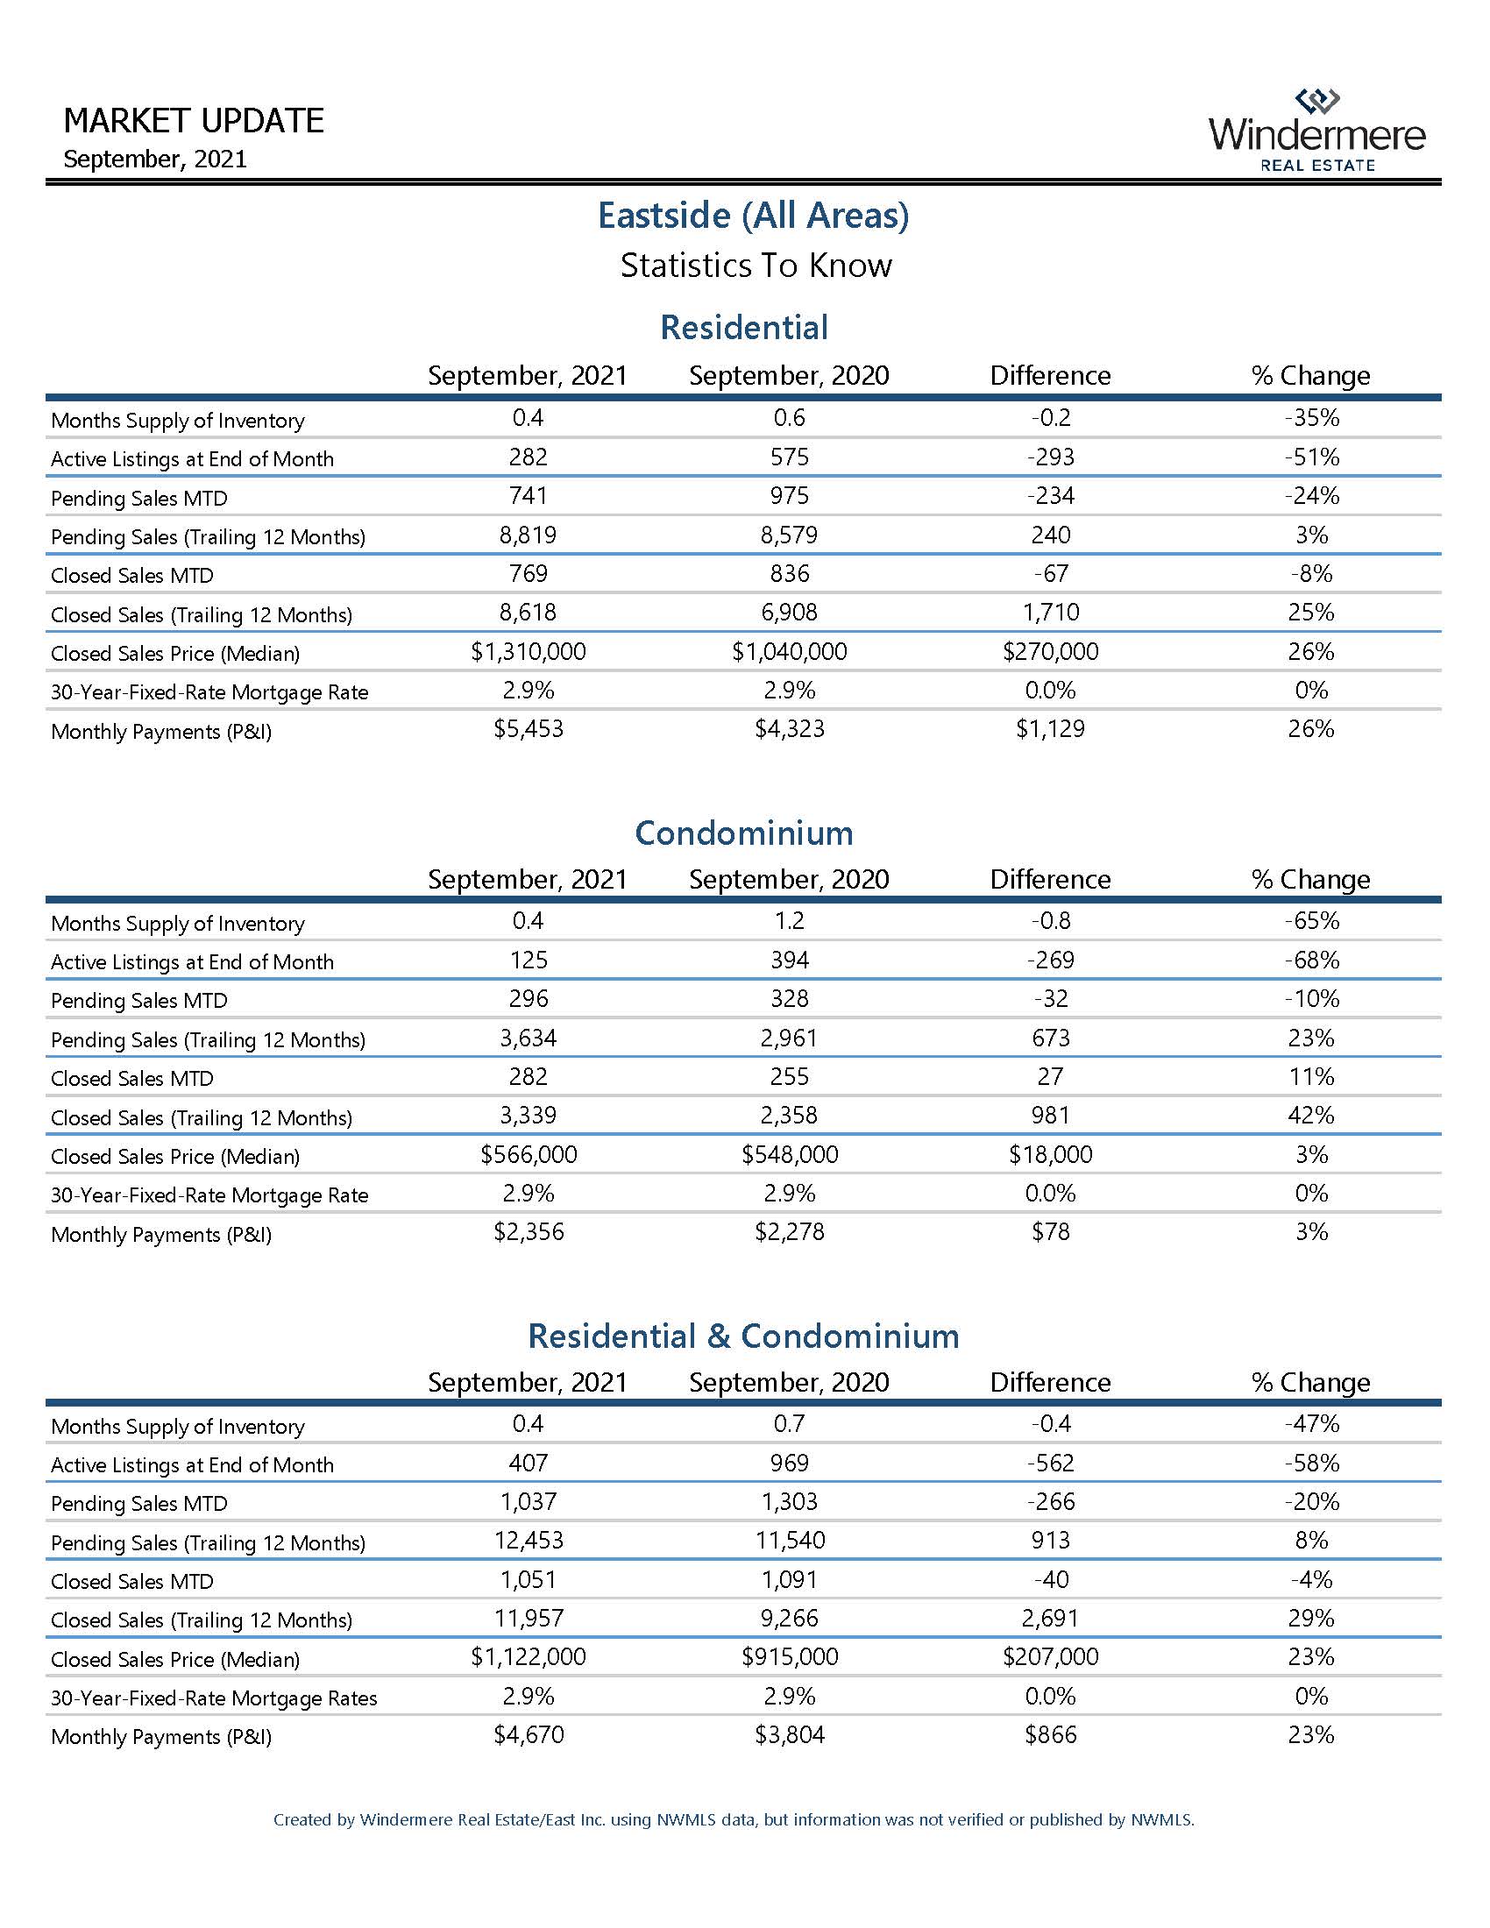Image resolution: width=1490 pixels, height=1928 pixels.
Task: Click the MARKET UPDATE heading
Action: point(195,121)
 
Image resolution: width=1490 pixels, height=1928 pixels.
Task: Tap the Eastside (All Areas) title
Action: point(753,216)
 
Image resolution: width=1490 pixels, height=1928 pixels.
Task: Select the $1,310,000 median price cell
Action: point(528,652)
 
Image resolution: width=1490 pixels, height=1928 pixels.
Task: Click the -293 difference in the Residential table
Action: point(1050,457)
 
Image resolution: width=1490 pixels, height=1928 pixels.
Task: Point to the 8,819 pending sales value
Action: point(528,535)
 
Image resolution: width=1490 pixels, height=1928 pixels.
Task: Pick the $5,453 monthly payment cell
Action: point(528,729)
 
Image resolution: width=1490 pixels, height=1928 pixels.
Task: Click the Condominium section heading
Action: point(744,833)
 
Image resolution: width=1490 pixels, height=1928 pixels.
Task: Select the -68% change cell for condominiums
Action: point(1311,960)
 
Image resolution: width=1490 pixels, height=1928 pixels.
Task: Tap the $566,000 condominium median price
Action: point(528,1155)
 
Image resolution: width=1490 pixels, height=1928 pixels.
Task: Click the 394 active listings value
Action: point(789,960)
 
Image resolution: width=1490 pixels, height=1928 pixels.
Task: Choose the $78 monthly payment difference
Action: point(1050,1232)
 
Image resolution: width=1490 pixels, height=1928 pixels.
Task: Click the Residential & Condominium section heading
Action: point(743,1336)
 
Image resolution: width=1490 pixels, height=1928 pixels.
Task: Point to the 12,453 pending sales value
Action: point(528,1541)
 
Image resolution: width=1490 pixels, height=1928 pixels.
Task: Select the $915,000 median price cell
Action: point(789,1657)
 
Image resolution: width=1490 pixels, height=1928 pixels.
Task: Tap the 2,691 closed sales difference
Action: point(1050,1618)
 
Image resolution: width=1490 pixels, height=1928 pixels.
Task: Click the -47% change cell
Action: point(1311,1424)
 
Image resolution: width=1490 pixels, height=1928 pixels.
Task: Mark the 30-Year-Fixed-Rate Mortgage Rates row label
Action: point(214,1698)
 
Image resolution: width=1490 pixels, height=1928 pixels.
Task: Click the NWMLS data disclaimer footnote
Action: point(734,1819)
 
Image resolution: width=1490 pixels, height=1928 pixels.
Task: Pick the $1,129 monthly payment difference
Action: point(1050,729)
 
